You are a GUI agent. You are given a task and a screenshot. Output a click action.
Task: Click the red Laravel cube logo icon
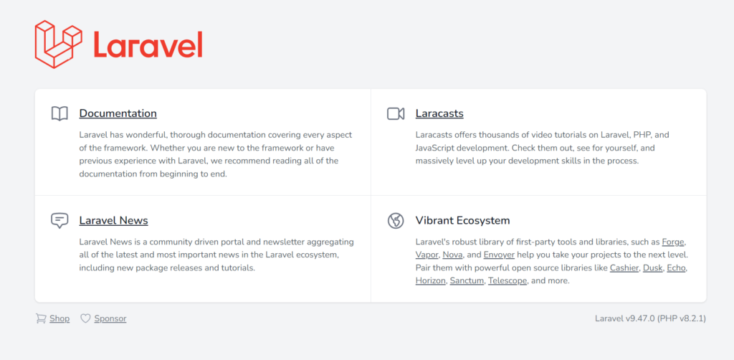(59, 44)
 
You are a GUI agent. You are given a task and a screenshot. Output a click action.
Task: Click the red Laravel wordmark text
(148, 45)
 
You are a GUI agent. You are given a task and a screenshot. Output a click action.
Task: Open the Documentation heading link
(118, 113)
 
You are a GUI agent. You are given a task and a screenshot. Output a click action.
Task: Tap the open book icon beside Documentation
(59, 113)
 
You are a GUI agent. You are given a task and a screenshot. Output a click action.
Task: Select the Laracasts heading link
(439, 113)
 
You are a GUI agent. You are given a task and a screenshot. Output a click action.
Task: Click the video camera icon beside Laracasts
(396, 113)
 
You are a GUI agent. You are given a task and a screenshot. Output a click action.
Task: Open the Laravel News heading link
(114, 220)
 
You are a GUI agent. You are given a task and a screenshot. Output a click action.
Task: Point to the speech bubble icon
(59, 220)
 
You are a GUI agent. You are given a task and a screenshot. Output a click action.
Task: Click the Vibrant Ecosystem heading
(462, 220)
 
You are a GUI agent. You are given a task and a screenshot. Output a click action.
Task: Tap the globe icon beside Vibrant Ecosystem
(396, 220)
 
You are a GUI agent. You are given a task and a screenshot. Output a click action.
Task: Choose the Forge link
(674, 242)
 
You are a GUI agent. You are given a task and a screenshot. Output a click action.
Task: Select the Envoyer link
(499, 255)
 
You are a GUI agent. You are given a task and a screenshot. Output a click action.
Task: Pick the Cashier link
(624, 268)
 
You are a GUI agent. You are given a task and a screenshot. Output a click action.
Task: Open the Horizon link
(430, 281)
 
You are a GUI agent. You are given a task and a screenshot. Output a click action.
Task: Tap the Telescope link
(508, 281)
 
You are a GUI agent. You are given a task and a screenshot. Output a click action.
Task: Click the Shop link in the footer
(59, 319)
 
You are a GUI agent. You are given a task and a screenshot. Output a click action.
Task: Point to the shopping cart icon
(41, 318)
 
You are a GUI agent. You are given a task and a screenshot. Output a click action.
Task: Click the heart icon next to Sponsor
(85, 318)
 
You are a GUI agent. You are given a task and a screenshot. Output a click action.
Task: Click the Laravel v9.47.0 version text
(624, 319)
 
